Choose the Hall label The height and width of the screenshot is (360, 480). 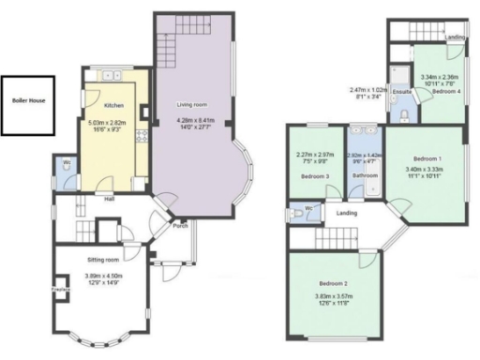[x=110, y=197]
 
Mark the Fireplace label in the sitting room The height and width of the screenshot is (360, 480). [x=60, y=290]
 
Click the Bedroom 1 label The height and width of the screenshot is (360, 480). [x=427, y=159]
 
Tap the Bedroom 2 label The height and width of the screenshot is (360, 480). [x=333, y=283]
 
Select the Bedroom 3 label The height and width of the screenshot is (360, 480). [x=315, y=176]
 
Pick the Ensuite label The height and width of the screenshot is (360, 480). [x=402, y=92]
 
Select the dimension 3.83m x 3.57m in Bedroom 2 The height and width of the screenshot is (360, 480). [x=334, y=297]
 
